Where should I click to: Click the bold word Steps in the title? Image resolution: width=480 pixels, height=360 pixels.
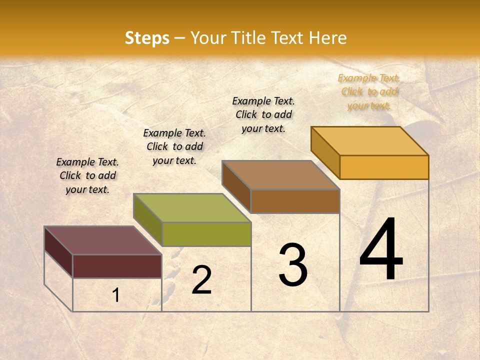(x=147, y=38)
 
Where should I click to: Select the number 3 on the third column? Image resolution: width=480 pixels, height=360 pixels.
(x=292, y=265)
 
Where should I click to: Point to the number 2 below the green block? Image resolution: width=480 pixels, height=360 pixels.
(x=201, y=280)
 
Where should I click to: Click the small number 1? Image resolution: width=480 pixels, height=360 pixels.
(x=115, y=295)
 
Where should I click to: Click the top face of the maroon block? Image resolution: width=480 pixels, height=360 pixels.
(x=102, y=240)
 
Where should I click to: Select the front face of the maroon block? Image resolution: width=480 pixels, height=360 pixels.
(x=117, y=266)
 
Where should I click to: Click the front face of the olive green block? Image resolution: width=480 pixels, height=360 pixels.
(x=206, y=234)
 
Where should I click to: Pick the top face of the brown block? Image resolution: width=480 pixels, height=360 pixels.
(x=280, y=175)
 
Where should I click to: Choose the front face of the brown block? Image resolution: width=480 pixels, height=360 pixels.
(x=295, y=201)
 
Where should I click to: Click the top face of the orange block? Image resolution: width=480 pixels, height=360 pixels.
(x=369, y=141)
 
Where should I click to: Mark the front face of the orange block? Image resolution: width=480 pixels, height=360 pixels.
(x=384, y=167)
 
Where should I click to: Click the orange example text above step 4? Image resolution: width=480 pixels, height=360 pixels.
(x=369, y=91)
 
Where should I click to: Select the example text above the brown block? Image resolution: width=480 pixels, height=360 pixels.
(x=263, y=114)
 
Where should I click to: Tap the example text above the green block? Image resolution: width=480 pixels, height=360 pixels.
(x=174, y=146)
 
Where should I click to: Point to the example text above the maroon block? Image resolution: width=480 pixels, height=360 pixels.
(x=87, y=175)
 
